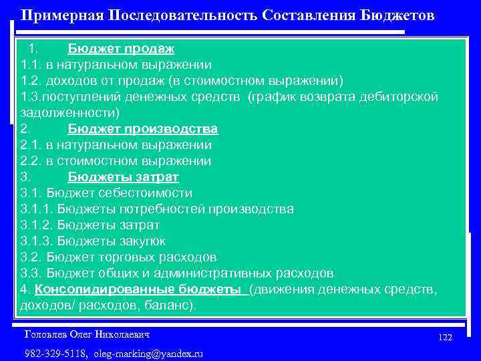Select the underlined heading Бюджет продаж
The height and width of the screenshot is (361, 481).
pyautogui.click(x=121, y=49)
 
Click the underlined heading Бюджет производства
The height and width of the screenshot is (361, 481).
pyautogui.click(x=143, y=129)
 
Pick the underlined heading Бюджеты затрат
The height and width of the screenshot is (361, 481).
pyautogui.click(x=123, y=177)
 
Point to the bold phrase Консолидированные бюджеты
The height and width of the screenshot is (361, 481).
pyautogui.click(x=138, y=289)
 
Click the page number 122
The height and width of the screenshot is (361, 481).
pyautogui.click(x=445, y=338)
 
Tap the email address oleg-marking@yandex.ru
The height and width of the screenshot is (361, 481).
pyautogui.click(x=148, y=353)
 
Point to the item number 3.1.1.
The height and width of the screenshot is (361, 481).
pyautogui.click(x=38, y=209)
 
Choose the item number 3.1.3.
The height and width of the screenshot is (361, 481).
pyautogui.click(x=38, y=241)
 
